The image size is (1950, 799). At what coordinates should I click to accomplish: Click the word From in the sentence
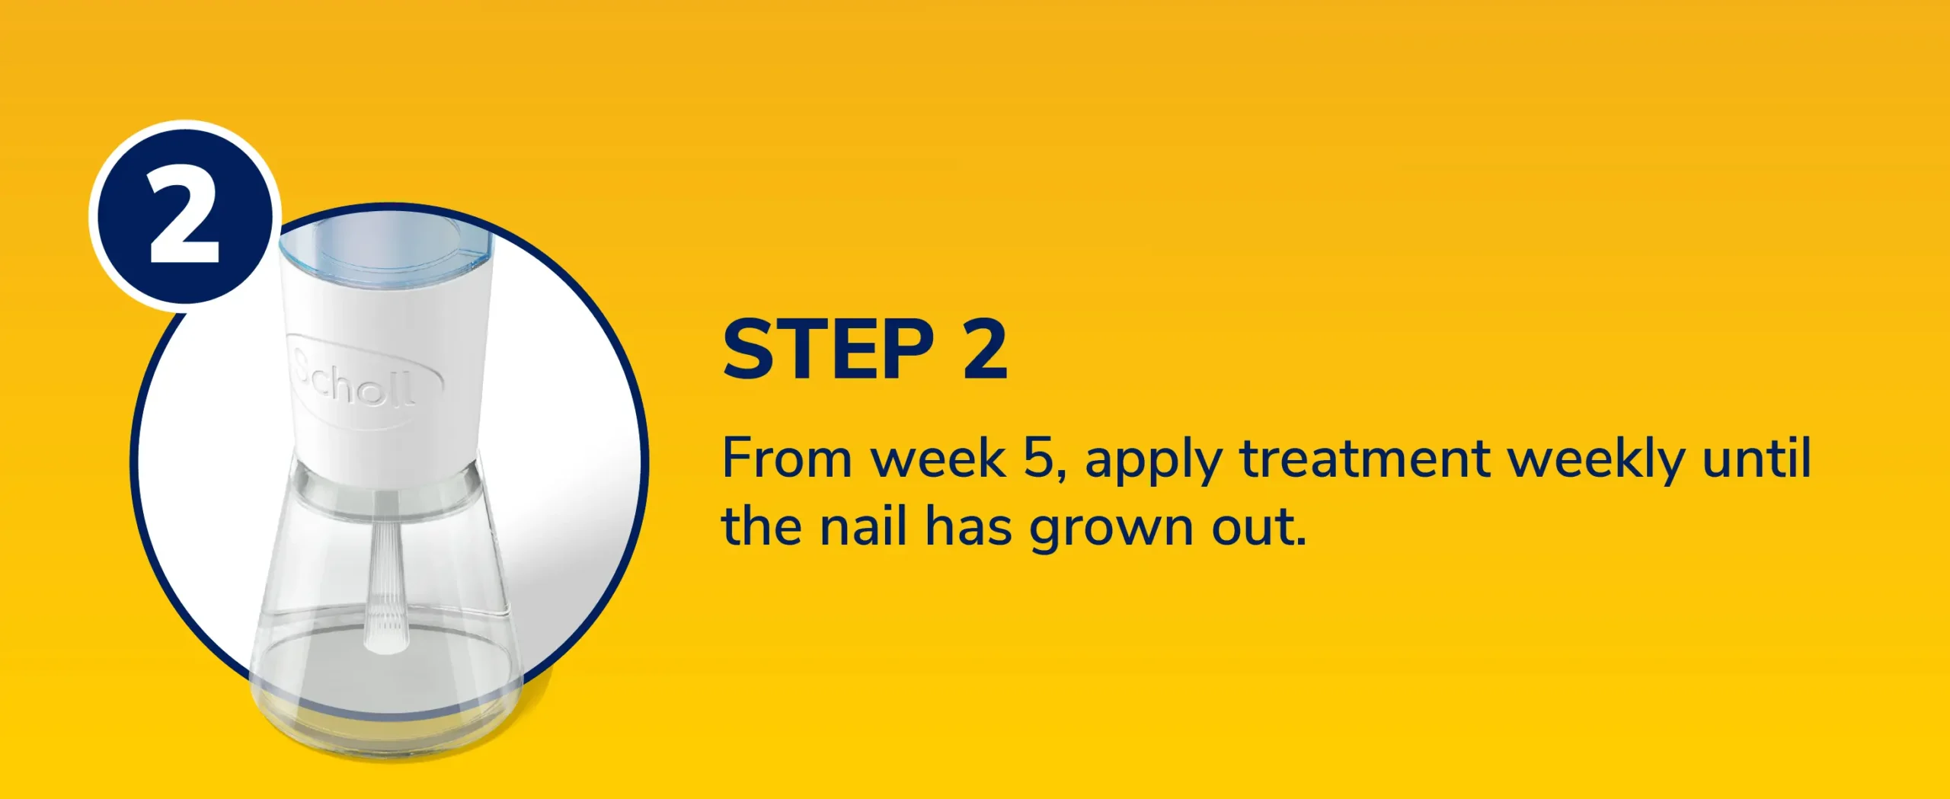coord(787,459)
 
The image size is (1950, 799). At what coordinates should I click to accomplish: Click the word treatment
coord(1364,459)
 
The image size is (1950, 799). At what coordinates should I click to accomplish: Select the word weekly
coord(1596,461)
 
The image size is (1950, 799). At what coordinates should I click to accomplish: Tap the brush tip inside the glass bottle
coord(385,628)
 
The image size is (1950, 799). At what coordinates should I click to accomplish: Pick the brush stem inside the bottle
coord(385,556)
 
